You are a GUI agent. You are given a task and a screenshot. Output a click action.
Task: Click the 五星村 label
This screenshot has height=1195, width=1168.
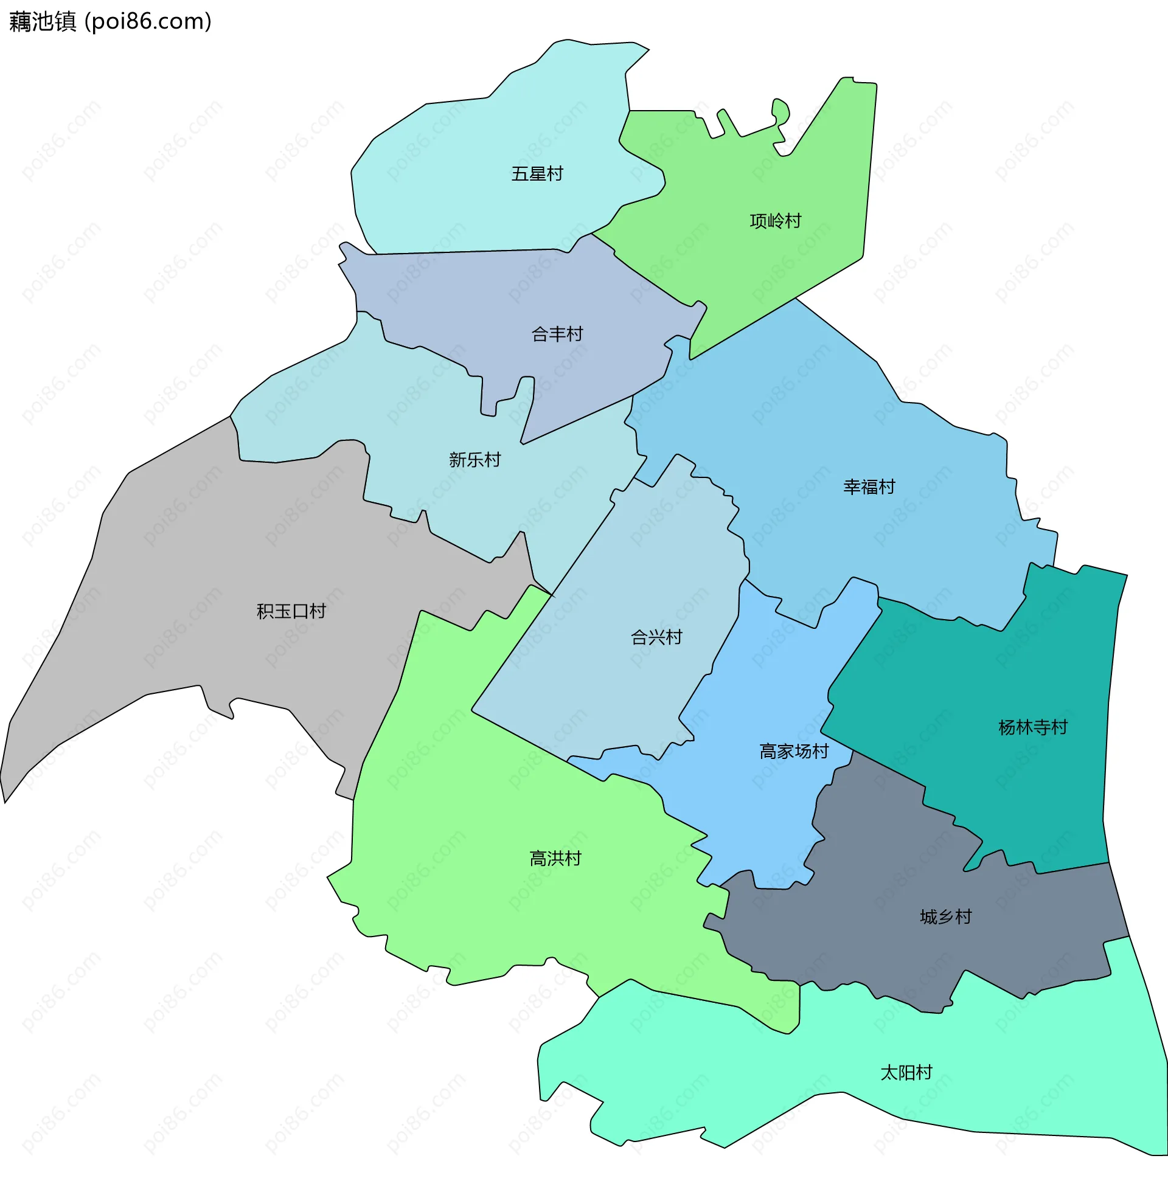coord(537,174)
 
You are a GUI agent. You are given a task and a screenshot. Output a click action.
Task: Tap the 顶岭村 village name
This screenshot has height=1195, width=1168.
coord(776,221)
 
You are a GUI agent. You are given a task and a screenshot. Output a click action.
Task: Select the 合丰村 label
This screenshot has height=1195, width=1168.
coord(557,334)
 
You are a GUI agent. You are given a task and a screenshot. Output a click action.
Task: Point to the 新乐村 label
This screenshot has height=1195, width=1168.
coord(475,460)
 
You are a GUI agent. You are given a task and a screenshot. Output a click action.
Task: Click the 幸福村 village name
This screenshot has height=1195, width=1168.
coord(869,487)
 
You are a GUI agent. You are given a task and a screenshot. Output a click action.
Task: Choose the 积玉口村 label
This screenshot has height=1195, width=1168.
coord(291,611)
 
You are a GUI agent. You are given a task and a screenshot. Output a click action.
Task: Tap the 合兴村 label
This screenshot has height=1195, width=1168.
coord(656,638)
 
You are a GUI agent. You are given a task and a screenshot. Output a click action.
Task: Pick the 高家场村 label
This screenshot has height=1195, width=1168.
coord(794,752)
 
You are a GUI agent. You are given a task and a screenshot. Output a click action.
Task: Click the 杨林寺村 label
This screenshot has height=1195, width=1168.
coord(1033,728)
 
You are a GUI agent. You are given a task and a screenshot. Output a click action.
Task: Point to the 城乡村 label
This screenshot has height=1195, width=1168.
coord(946,917)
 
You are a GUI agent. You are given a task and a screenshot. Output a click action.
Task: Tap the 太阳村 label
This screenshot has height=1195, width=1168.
coord(906,1073)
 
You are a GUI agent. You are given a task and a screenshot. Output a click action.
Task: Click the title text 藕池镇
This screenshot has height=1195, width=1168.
coord(43,22)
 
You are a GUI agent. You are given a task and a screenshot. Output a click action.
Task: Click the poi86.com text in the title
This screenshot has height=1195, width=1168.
coord(148,22)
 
